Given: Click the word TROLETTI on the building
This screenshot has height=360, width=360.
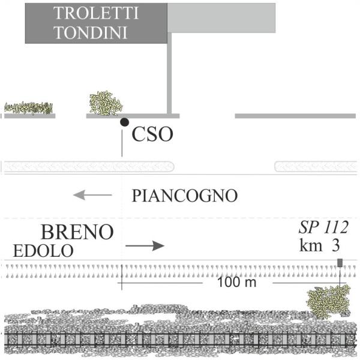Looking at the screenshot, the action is coord(96,13).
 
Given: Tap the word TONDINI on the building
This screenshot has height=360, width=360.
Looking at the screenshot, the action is coord(91,32).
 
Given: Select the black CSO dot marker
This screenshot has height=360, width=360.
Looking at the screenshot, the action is coord(124,122).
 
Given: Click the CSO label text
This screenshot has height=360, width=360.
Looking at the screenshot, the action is coord(152,134).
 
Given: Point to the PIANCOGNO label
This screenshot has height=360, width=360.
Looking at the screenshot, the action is coord(185,196).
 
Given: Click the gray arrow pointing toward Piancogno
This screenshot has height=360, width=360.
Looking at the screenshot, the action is coord(92,195).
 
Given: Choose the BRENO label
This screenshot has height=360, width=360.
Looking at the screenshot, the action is coord(77,232).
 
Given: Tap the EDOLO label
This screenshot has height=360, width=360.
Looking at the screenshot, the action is coord(43,251).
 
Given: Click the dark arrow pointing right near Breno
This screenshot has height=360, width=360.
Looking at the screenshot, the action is coord(145,246).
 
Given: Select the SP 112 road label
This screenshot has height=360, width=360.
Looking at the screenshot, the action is coord(323,227).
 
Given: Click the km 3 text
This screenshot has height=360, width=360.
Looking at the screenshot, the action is coord(320,245).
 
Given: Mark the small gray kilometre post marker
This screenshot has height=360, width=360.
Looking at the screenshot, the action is coord(340,263).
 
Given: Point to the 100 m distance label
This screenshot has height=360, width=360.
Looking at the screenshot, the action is coord(236,282).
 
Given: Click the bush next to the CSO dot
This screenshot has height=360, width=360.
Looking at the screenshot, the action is coord(106,103).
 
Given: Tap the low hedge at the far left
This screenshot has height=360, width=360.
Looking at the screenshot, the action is coord(28,108).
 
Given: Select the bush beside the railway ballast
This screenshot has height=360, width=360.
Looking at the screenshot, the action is coord(329,301).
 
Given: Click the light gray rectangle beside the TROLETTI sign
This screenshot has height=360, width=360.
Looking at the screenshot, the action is coord(221,18).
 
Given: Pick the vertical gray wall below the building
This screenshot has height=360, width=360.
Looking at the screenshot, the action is coord(169,73).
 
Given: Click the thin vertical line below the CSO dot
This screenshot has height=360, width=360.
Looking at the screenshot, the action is coord(122,143).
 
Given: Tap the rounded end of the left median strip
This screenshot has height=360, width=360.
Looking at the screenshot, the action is coord(172,167).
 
